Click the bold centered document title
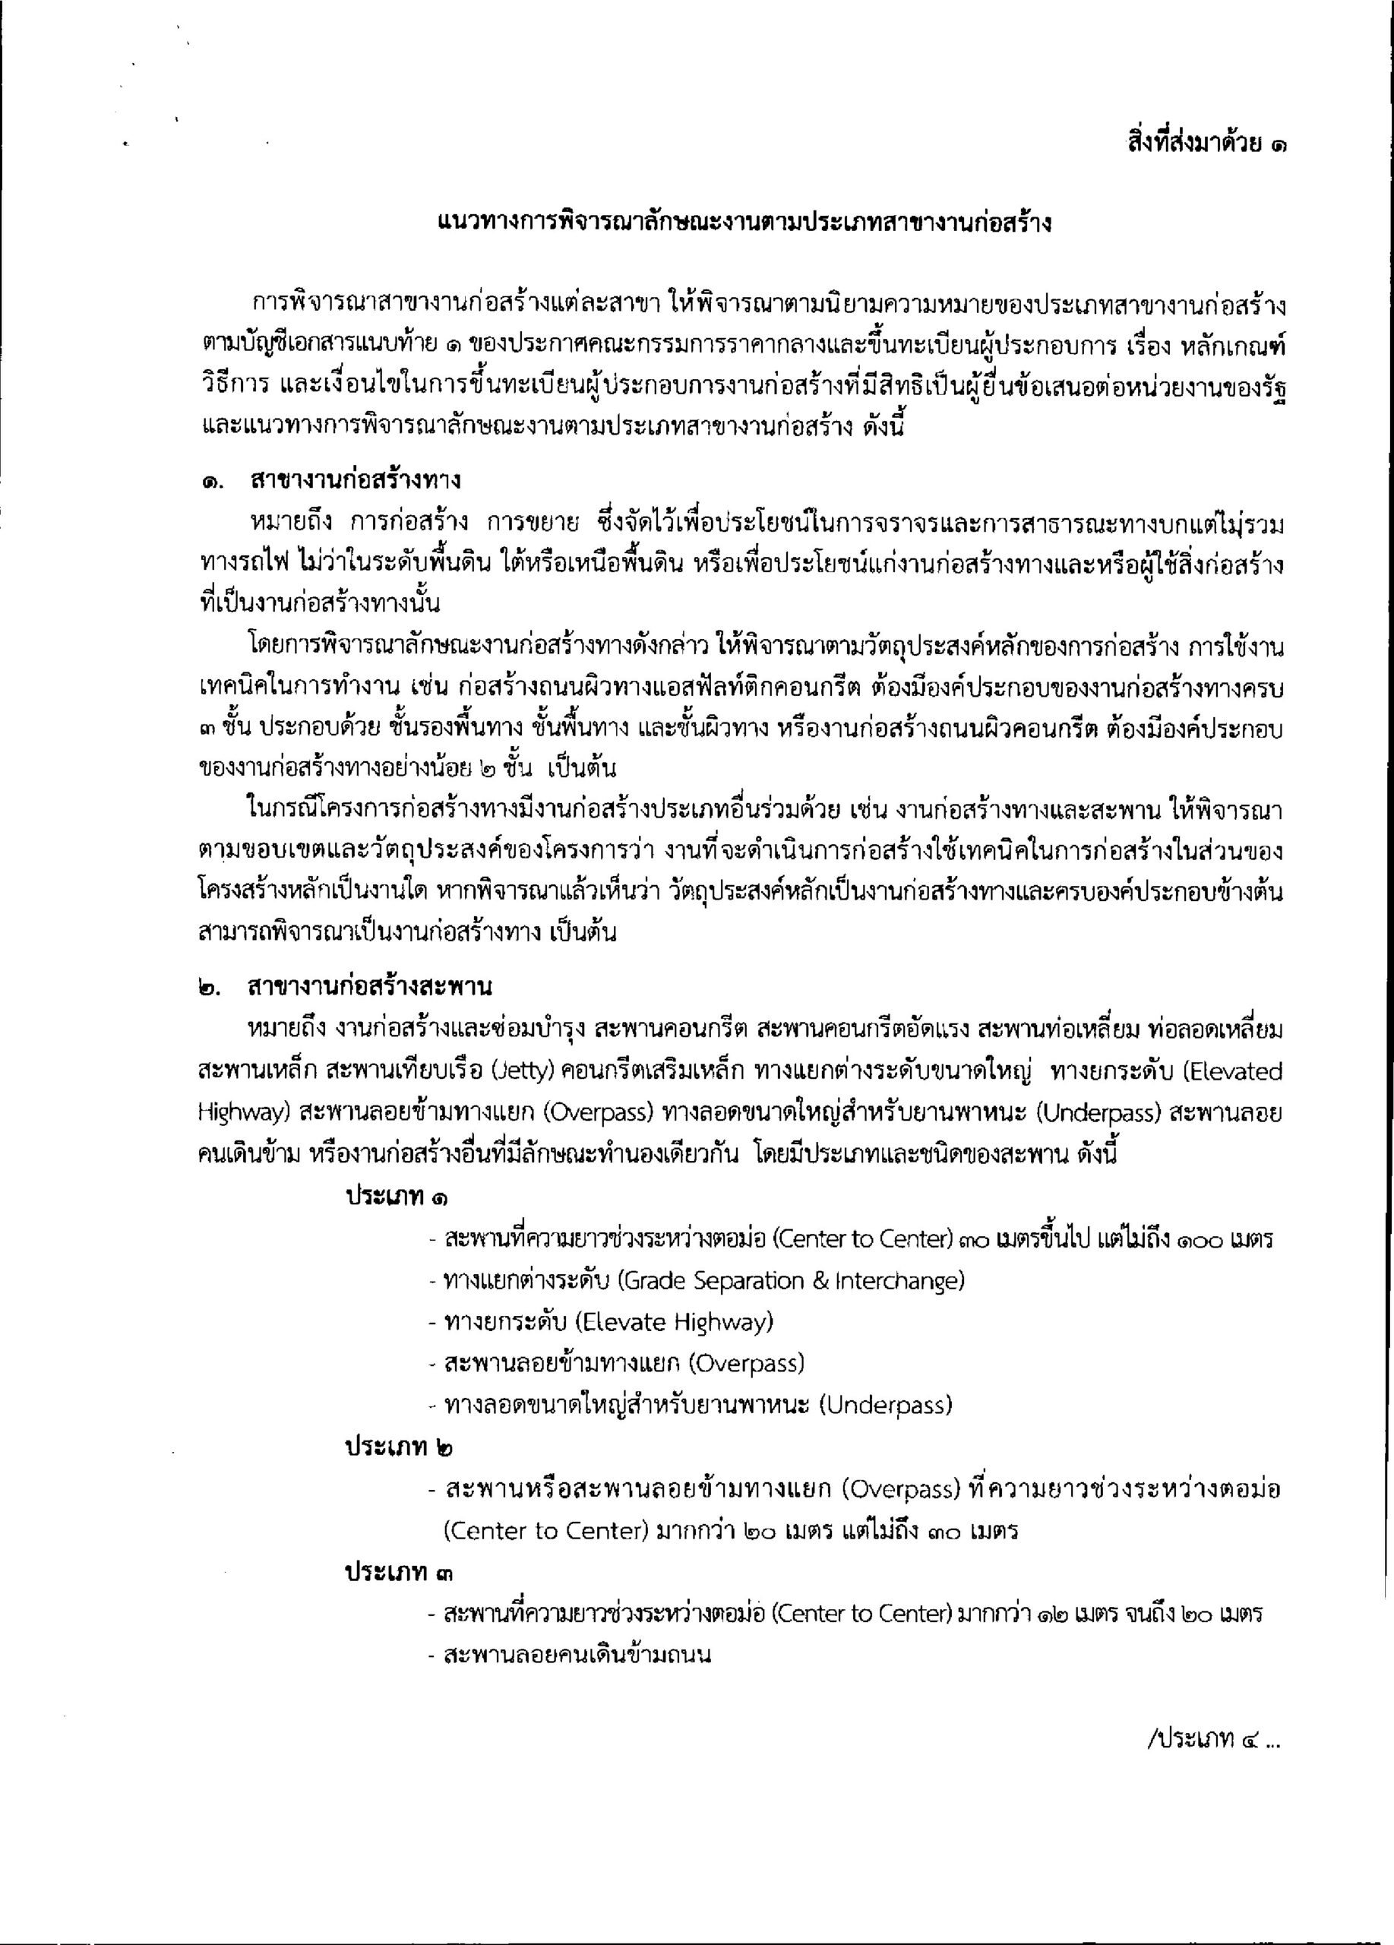(744, 224)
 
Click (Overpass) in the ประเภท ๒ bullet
(899, 1490)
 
